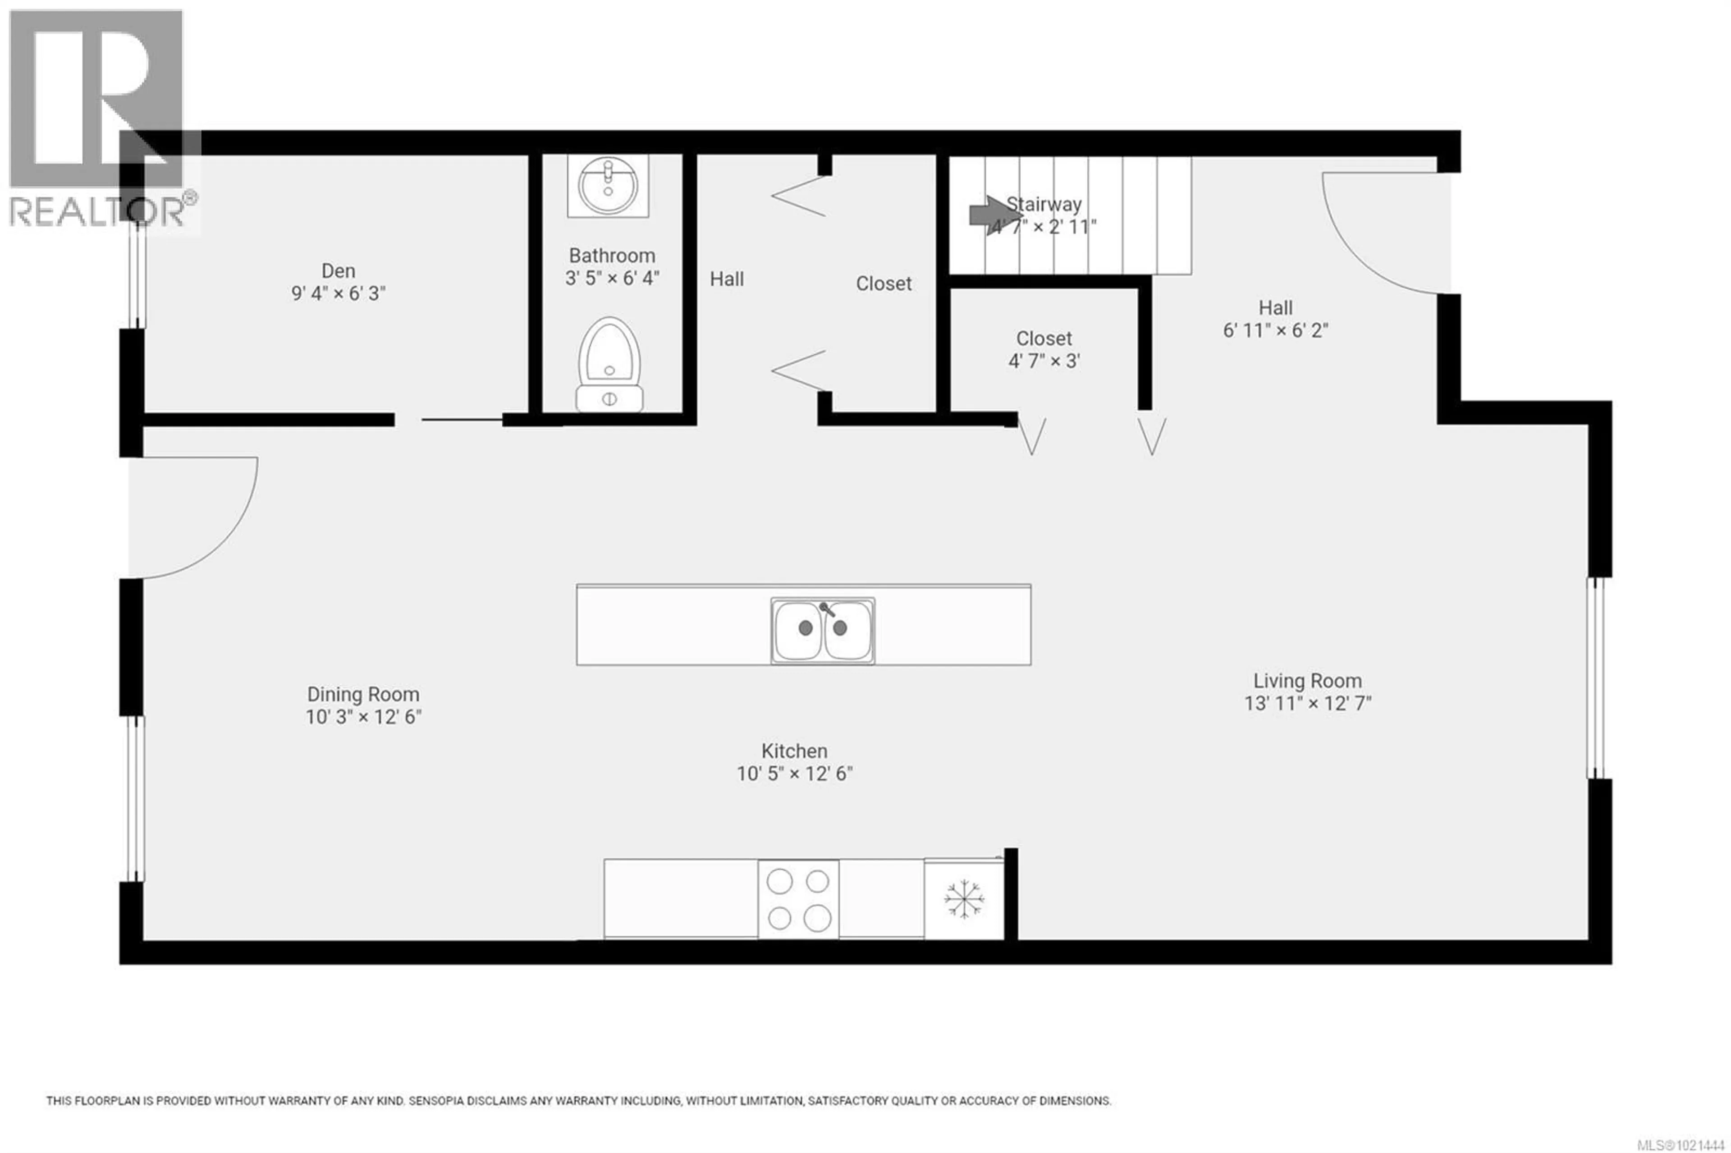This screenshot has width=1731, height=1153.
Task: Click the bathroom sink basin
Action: tap(607, 184)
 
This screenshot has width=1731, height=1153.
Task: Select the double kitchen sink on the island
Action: tap(822, 630)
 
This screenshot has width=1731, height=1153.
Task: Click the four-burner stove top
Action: tap(798, 899)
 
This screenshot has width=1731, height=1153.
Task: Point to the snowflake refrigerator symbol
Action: tap(963, 899)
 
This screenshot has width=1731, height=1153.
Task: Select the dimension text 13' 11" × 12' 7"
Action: tap(1307, 704)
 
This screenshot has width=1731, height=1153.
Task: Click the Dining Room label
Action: tap(363, 694)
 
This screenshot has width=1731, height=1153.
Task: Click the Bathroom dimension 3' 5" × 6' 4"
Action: tap(612, 279)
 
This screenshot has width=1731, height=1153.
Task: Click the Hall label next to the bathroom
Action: tap(727, 279)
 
